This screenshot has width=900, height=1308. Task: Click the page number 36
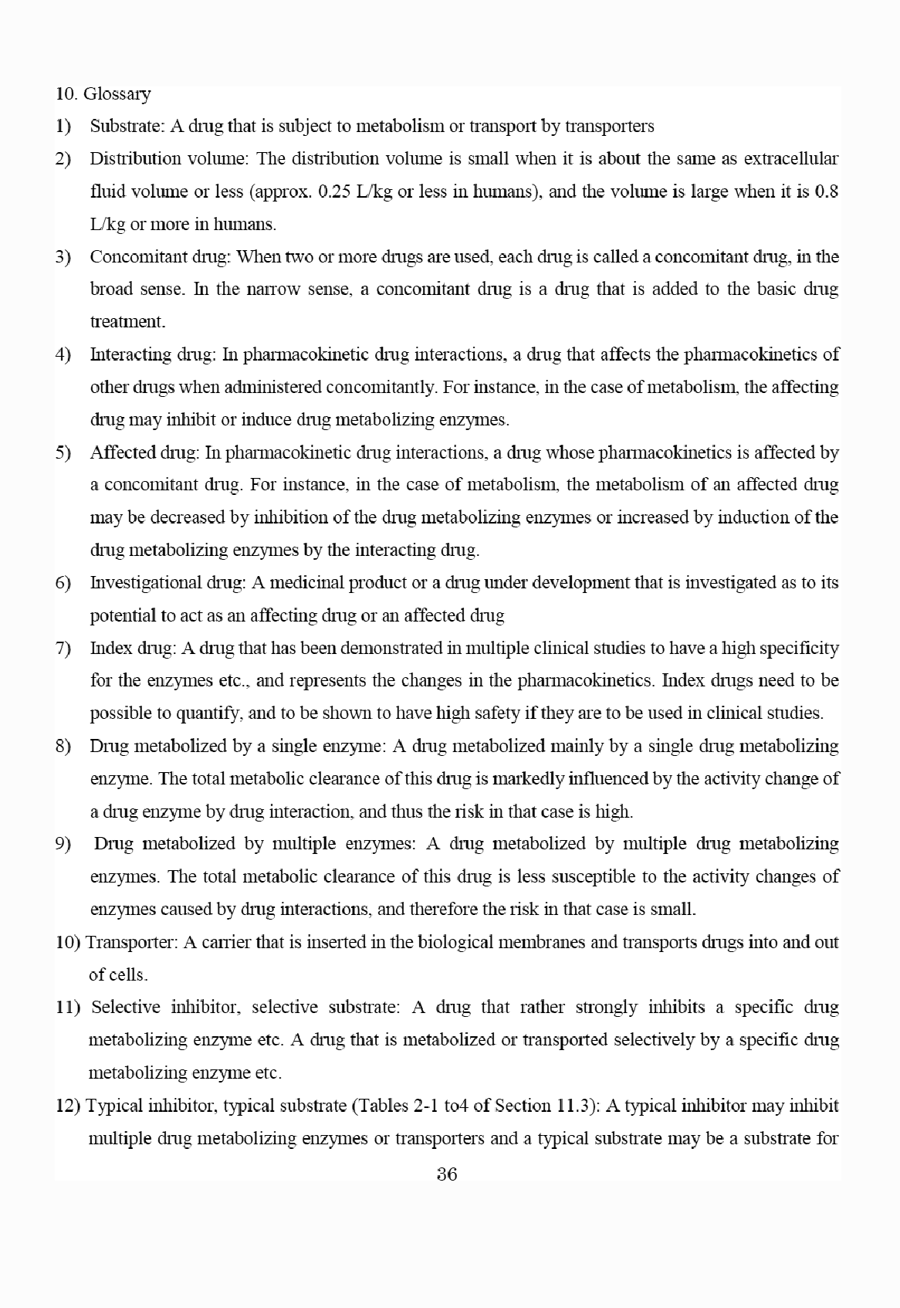pos(447,1174)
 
